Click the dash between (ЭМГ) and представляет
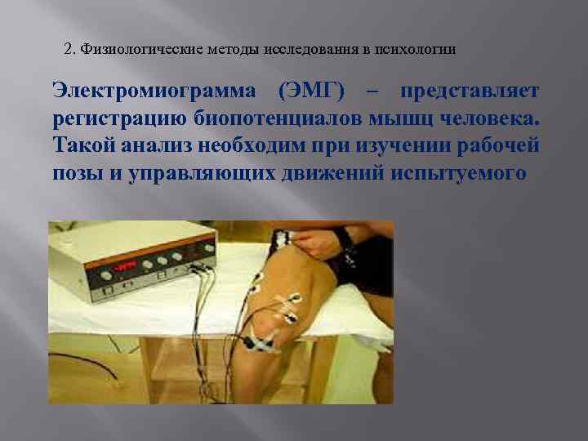[x=374, y=91]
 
